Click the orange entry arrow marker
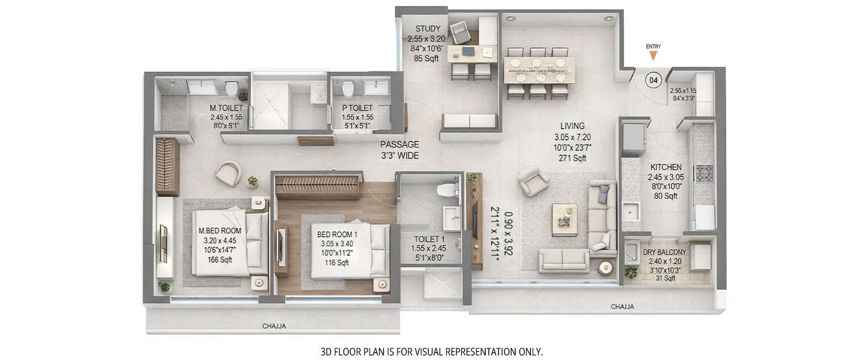coord(653,55)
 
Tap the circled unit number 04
coord(653,80)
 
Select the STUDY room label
coord(427,28)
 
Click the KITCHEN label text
coord(666,167)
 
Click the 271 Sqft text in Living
coord(572,158)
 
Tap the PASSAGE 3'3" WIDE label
coord(399,150)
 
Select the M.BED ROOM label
coord(219,230)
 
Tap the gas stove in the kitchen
coord(704,173)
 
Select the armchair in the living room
coord(533,182)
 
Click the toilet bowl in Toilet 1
coord(446,190)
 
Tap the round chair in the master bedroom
coord(229,173)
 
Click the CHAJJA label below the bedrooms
coord(274,326)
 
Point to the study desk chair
coord(460,32)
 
